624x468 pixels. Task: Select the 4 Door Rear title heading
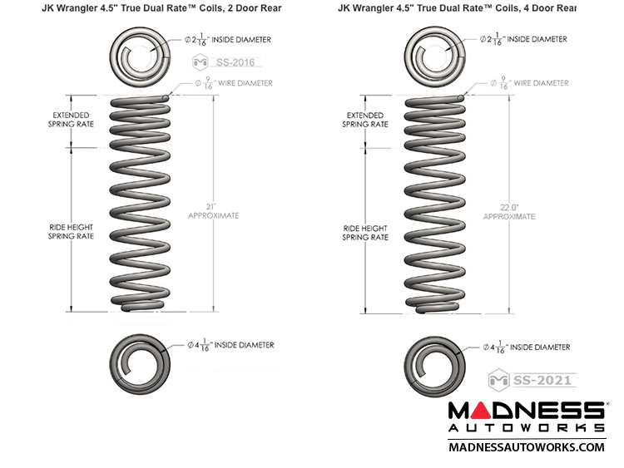pyautogui.click(x=457, y=8)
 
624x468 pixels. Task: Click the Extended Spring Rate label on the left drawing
pyautogui.click(x=72, y=119)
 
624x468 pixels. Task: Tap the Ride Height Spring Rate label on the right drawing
pyautogui.click(x=365, y=232)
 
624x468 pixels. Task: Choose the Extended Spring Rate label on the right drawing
pyautogui.click(x=365, y=119)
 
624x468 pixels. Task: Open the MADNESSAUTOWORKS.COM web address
pyautogui.click(x=527, y=447)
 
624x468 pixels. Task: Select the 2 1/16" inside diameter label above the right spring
pyautogui.click(x=525, y=39)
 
